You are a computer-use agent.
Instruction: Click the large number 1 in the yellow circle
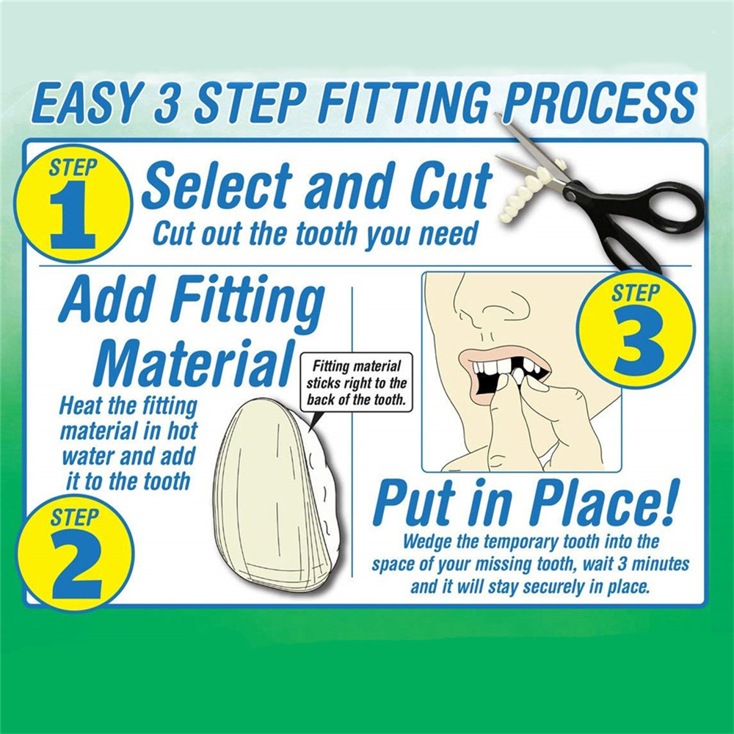click(x=73, y=214)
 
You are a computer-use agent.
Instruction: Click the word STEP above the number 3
click(x=635, y=294)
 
